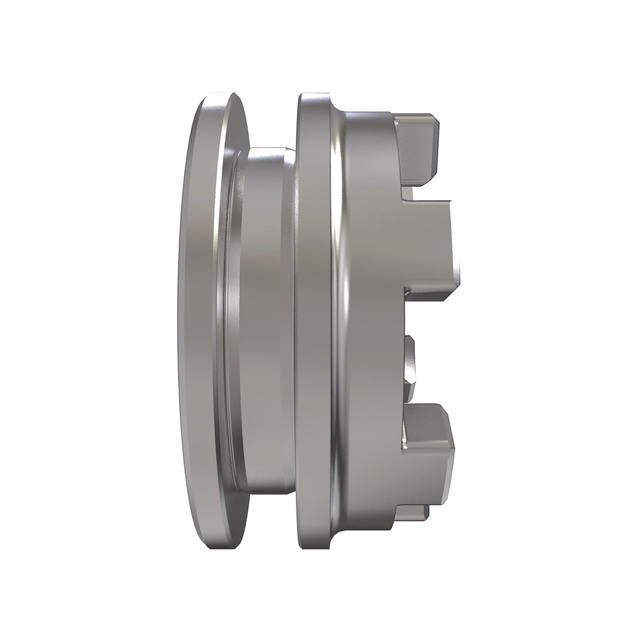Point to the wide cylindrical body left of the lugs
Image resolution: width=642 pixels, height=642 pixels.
[369, 321]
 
